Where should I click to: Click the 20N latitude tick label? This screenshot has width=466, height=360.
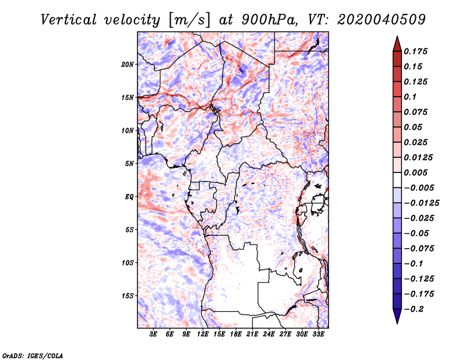pyautogui.click(x=128, y=64)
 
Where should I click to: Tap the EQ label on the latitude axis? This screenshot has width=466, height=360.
pyautogui.click(x=129, y=196)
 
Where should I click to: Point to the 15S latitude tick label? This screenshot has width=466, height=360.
pyautogui.click(x=128, y=295)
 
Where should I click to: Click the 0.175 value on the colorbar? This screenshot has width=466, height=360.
pyautogui.click(x=416, y=51)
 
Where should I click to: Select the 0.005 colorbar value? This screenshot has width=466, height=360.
pyautogui.click(x=416, y=172)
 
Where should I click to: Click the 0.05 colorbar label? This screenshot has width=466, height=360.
pyautogui.click(x=414, y=127)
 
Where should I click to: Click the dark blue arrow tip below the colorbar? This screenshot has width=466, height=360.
pyautogui.click(x=397, y=321)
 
